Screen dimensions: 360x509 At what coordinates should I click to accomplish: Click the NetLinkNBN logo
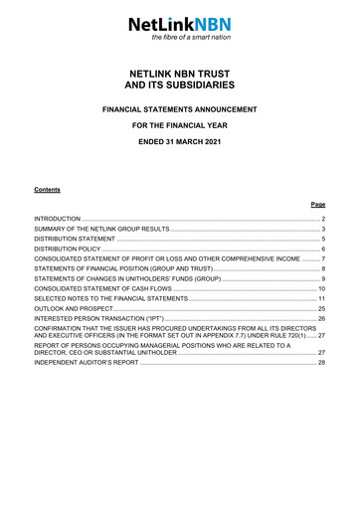point(179,23)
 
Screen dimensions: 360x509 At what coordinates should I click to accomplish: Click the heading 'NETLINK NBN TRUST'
point(179,74)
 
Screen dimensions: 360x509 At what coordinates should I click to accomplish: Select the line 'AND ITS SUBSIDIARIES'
point(179,86)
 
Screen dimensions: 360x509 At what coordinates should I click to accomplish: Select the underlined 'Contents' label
point(47,188)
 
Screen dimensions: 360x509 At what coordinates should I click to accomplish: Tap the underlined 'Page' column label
point(318,203)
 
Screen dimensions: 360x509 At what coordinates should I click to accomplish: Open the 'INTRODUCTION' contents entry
point(58,217)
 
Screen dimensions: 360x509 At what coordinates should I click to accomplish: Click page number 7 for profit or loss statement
point(323,259)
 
